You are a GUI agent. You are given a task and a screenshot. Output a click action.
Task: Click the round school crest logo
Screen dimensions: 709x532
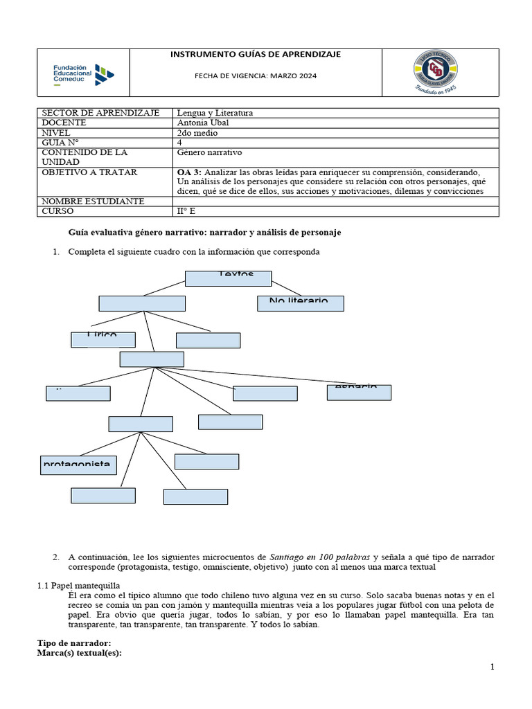(x=436, y=72)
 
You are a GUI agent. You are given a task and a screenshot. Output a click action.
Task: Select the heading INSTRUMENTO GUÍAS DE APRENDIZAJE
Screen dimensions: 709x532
(x=256, y=55)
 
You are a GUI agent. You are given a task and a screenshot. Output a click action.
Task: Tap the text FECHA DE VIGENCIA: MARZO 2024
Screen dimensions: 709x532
(x=256, y=76)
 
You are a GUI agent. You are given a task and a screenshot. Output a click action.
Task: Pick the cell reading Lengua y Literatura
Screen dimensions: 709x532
(x=215, y=113)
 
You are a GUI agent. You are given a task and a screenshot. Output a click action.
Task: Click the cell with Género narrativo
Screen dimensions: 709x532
(x=210, y=152)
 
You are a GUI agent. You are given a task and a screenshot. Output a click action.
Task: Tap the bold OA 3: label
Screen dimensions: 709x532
(x=190, y=172)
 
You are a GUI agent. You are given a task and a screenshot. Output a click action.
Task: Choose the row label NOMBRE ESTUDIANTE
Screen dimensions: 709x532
(x=93, y=201)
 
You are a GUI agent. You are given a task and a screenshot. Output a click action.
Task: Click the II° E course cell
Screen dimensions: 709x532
(x=186, y=211)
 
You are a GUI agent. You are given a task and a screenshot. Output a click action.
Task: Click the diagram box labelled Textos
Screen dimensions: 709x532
(x=228, y=278)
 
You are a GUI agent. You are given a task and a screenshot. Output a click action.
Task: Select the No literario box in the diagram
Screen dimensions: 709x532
(x=300, y=303)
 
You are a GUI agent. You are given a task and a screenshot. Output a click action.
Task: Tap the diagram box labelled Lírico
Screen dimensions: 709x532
(x=103, y=339)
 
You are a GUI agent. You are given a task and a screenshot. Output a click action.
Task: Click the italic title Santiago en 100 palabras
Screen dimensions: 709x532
(x=319, y=557)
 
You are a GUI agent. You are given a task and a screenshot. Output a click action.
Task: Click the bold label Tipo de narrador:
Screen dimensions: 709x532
(x=74, y=643)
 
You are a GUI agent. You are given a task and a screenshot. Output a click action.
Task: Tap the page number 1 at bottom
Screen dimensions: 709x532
(x=493, y=667)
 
